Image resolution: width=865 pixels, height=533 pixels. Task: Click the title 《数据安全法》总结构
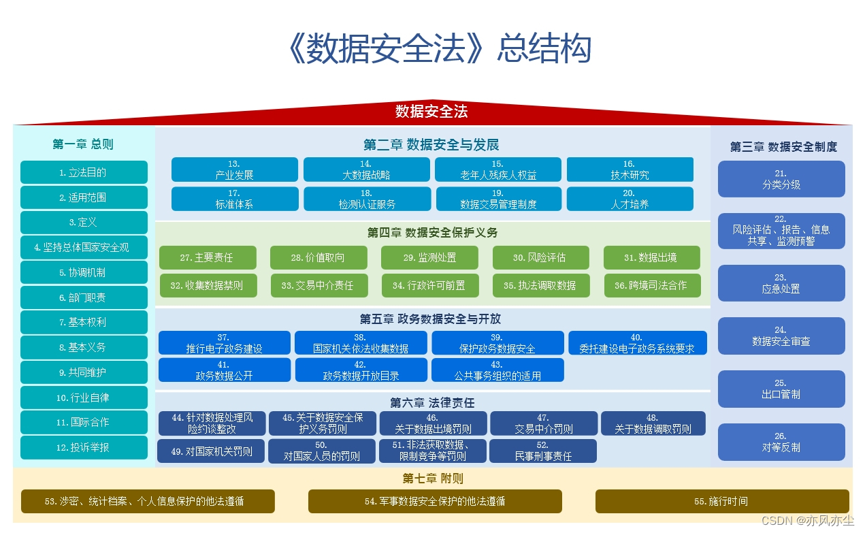point(439,49)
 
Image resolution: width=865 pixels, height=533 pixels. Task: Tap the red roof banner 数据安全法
point(431,112)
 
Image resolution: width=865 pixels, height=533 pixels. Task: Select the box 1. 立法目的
point(84,172)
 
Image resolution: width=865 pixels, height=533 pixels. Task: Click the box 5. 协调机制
point(84,272)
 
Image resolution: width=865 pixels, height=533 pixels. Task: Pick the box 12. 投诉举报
point(84,447)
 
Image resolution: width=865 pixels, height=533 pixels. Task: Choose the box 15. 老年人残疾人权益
point(498,169)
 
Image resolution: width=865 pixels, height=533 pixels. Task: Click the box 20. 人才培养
point(630,199)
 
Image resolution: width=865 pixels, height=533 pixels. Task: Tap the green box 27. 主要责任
point(208,258)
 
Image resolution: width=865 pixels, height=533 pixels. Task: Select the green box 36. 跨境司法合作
point(651,285)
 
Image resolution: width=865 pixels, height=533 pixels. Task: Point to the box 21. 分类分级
point(781,179)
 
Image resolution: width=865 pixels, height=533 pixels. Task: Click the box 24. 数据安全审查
point(781,336)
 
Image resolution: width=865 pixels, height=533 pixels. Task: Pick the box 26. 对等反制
point(781,442)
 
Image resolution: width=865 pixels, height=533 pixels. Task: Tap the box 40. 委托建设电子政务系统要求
point(637,343)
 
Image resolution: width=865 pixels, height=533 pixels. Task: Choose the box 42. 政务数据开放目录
point(361,370)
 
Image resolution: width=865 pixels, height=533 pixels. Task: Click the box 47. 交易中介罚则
point(543,423)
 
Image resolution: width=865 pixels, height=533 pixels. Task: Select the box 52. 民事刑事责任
point(543,451)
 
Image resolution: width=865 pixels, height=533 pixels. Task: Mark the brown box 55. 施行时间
point(721,501)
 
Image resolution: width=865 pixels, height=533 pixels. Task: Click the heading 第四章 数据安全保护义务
point(432,233)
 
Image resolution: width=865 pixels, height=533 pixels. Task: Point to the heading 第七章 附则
point(432,479)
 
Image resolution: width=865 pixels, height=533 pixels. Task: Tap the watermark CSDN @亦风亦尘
point(807,521)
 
